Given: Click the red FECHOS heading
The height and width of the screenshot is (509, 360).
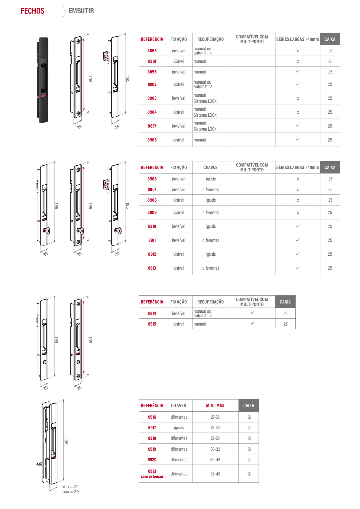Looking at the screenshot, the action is click(x=33, y=11).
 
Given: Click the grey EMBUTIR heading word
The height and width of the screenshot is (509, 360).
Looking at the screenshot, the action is click(x=81, y=11).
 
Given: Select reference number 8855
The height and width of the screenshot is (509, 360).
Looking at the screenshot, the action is click(x=152, y=51).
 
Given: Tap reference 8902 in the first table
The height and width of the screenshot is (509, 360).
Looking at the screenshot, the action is click(x=152, y=84).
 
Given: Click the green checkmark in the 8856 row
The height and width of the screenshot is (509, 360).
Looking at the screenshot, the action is click(x=298, y=72).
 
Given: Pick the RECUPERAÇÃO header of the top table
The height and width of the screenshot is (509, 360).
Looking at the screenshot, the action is click(x=210, y=39).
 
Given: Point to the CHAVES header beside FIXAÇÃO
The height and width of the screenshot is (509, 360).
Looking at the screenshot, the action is click(x=210, y=167).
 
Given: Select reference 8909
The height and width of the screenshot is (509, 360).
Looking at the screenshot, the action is click(x=152, y=212).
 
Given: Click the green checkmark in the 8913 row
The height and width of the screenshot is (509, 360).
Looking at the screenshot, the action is click(x=298, y=268).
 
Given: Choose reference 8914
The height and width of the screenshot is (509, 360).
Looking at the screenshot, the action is click(x=152, y=313).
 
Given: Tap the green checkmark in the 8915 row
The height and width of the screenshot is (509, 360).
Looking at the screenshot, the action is click(x=252, y=324).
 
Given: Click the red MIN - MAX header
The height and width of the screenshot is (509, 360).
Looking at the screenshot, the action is click(x=215, y=406).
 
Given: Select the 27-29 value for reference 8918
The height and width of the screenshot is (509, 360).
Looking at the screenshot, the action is click(x=215, y=438).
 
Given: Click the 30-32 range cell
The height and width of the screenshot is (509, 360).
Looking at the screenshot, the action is click(x=215, y=449).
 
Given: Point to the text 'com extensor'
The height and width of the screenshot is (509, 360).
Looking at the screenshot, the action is click(x=152, y=476).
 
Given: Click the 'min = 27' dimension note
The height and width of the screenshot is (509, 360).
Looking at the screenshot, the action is click(x=70, y=487).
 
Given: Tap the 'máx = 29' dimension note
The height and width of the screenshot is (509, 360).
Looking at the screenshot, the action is click(x=70, y=492).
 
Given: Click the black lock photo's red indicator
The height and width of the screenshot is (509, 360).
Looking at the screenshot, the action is click(x=43, y=96).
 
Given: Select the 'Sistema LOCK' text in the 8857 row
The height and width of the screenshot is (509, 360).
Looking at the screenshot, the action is click(x=205, y=129).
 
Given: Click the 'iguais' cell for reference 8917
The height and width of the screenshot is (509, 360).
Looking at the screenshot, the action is click(x=179, y=428).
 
